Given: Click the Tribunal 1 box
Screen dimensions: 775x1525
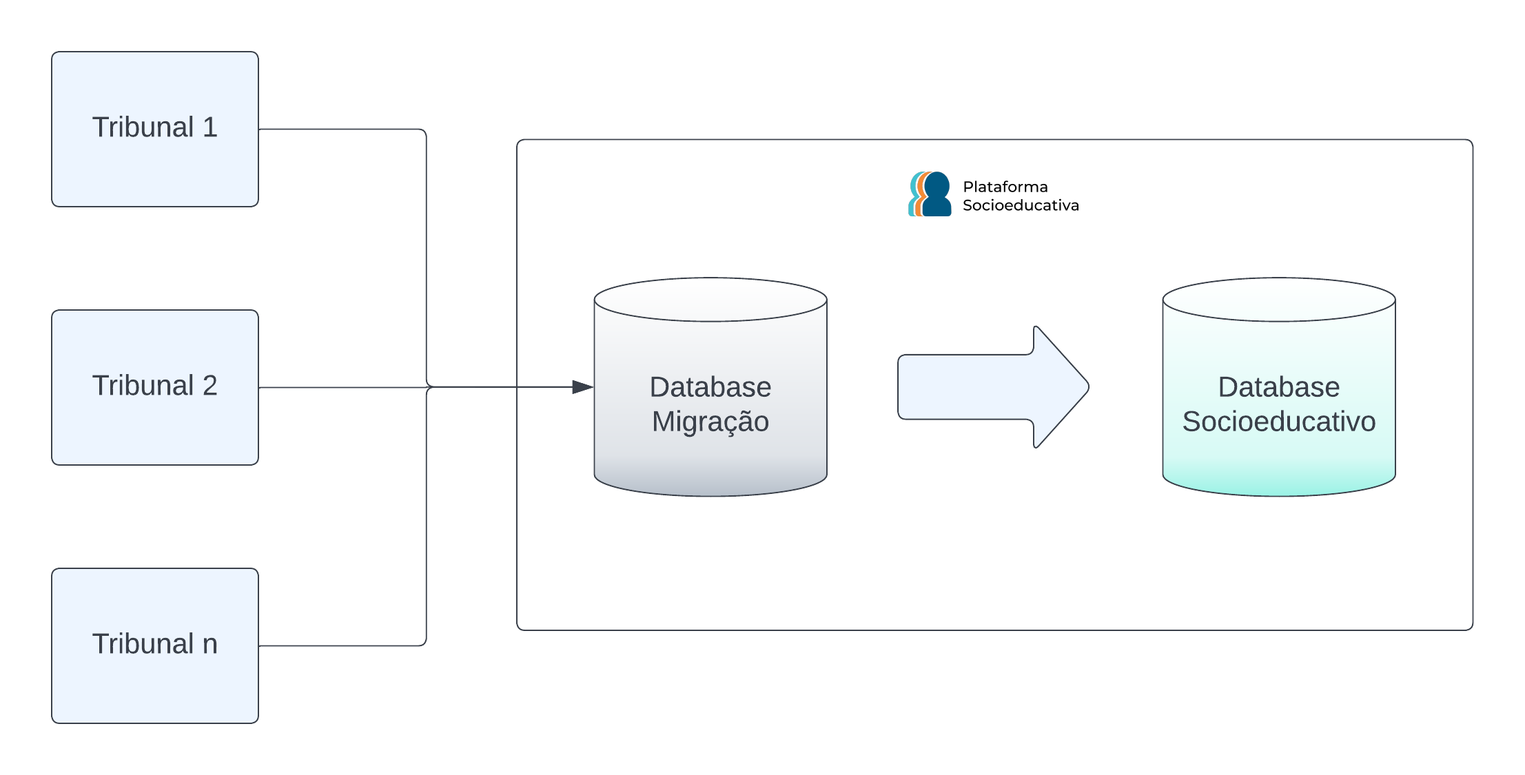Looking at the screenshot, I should (155, 129).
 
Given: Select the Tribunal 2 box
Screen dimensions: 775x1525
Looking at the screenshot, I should (155, 387).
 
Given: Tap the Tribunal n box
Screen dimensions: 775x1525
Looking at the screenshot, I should (155, 645).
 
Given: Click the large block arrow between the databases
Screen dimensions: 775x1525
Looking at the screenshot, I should (979, 387).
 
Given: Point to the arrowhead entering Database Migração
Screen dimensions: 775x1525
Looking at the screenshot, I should (583, 387).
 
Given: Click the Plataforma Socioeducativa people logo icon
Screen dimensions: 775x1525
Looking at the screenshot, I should (930, 194).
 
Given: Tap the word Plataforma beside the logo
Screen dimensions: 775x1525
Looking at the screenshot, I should (1005, 187).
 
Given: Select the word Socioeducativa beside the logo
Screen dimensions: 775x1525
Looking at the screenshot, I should (1021, 205).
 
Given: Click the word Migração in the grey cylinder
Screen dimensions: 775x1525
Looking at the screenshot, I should (710, 422).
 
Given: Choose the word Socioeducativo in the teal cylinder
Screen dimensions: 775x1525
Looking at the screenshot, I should (1279, 422).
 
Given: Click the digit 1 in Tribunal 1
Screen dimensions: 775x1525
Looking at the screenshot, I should (210, 127).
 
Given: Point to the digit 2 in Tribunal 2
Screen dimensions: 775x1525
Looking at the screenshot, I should (210, 386).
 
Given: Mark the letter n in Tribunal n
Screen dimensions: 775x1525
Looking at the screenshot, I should (210, 645).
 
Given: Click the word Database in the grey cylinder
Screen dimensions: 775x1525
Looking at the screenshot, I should (710, 387).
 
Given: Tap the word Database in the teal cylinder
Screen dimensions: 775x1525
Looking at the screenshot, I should (1279, 387).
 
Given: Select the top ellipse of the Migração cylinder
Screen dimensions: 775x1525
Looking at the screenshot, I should (710, 300).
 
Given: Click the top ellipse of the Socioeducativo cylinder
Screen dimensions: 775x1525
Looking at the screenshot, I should (1279, 300).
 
